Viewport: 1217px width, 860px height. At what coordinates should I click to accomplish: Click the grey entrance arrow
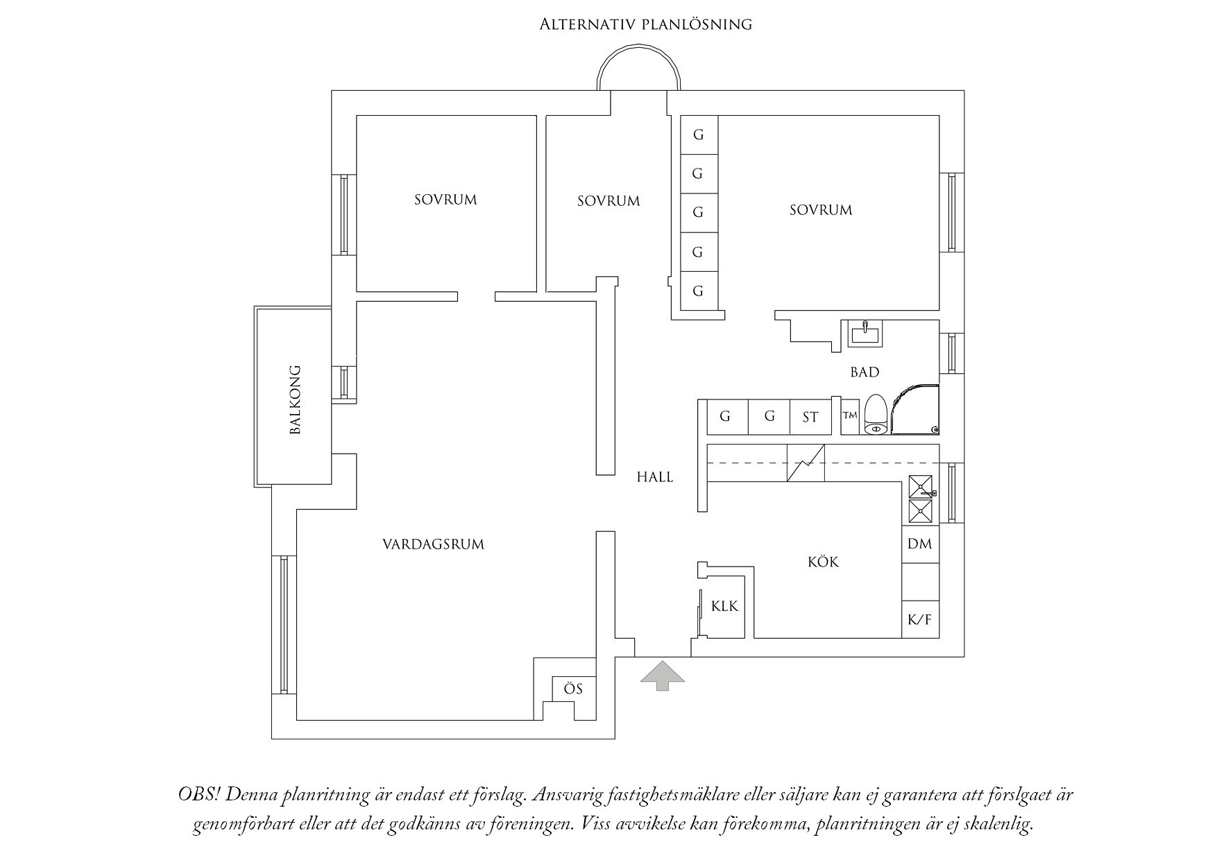(x=662, y=676)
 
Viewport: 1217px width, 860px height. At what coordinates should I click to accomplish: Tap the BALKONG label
(x=296, y=399)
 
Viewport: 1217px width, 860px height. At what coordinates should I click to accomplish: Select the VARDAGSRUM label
(x=434, y=544)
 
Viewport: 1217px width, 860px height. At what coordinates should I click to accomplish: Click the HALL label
(x=655, y=477)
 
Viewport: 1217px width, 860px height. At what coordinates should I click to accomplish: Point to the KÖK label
(x=824, y=562)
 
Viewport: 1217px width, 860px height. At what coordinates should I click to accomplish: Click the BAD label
(x=865, y=372)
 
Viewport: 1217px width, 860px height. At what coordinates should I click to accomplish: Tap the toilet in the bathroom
(x=876, y=415)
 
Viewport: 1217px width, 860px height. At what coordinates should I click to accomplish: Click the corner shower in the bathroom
(x=914, y=409)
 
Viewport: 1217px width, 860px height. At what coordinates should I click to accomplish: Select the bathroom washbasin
(x=865, y=334)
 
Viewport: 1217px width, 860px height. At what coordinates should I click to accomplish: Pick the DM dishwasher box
(x=920, y=544)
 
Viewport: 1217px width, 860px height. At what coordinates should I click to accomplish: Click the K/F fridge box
(x=920, y=619)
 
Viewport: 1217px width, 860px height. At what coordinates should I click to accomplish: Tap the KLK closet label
(x=725, y=607)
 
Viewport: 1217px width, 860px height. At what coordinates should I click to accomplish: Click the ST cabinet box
(x=810, y=417)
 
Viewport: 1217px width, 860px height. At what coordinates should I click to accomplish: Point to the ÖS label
(x=573, y=689)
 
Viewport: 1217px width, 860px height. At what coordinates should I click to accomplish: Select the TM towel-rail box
(x=850, y=416)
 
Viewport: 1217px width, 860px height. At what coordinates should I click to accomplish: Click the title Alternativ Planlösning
(x=646, y=25)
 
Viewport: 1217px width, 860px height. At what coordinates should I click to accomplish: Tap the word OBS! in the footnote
(x=198, y=795)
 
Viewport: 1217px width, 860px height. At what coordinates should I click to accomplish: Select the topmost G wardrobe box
(x=699, y=135)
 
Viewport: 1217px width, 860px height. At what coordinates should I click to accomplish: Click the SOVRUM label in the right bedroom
(x=821, y=210)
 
